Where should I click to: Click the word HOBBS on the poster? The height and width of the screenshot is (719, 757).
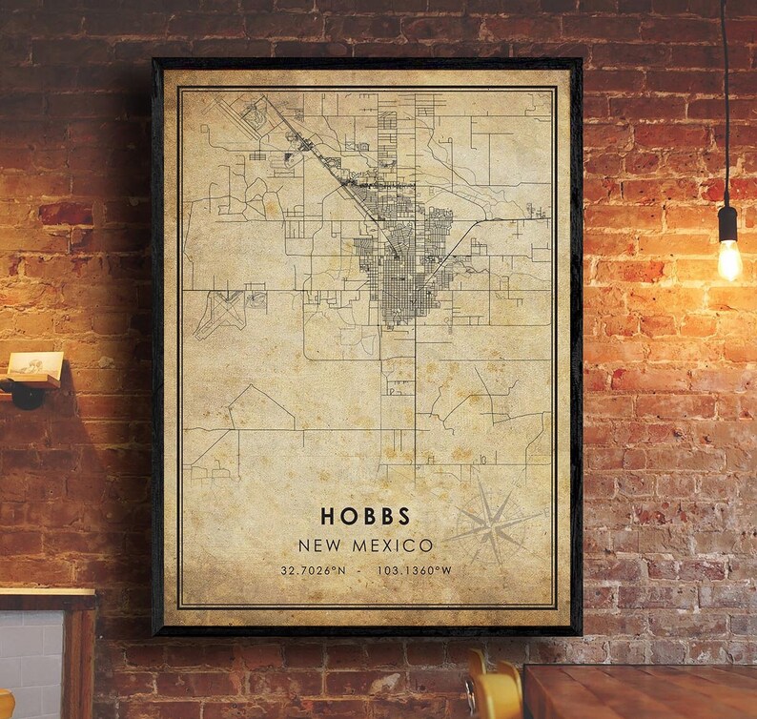click(366, 517)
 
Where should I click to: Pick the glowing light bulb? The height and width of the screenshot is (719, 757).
click(729, 260)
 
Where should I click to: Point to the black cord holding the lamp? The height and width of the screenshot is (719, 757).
click(725, 95)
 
